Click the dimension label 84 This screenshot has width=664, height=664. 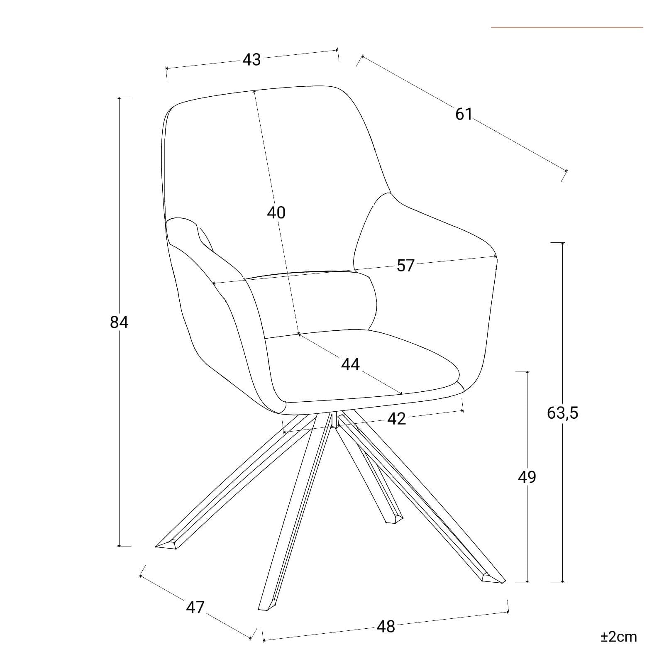tap(119, 322)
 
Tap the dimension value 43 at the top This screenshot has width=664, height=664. tap(251, 60)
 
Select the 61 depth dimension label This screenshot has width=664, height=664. tap(464, 114)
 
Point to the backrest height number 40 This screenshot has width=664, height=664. tap(276, 212)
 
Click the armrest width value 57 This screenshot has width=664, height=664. tap(405, 266)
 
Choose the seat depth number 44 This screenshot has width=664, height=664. tap(350, 364)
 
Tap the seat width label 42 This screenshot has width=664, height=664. tap(396, 419)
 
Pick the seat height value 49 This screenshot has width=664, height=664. tap(527, 477)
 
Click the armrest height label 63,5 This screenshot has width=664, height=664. tap(562, 413)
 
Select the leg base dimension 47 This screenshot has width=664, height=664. tap(195, 607)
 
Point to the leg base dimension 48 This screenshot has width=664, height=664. tap(386, 626)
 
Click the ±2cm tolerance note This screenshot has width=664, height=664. tap(618, 637)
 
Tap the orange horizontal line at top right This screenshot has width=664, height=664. tap(567, 27)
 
